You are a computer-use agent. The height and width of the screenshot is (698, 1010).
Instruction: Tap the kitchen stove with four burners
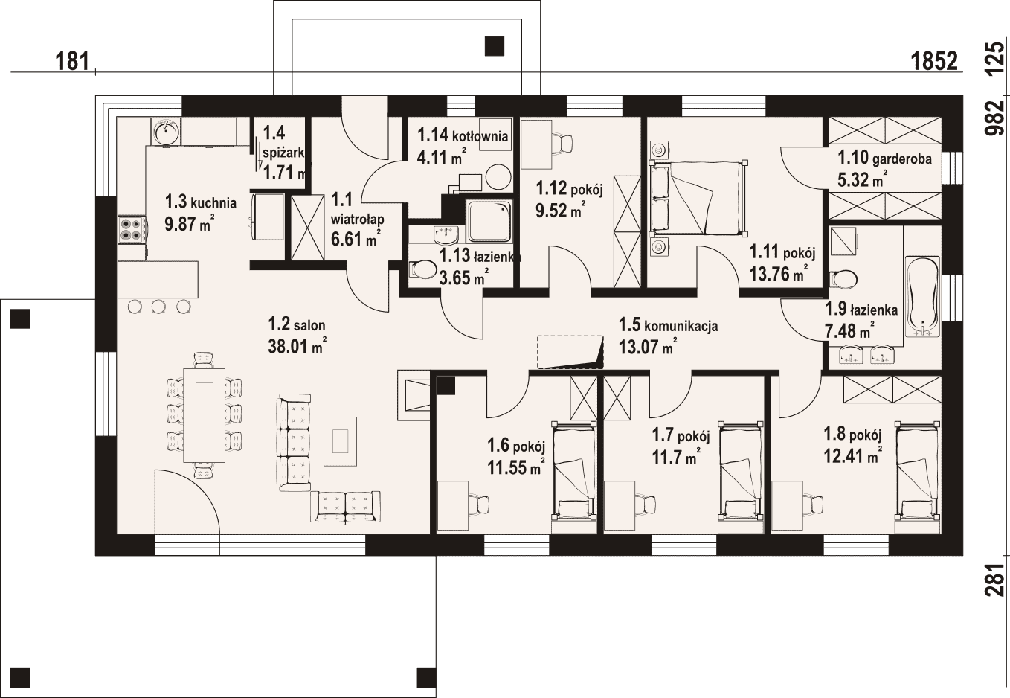132,230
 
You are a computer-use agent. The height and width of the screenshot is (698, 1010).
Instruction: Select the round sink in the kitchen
167,131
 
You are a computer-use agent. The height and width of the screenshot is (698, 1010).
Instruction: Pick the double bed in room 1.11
698,199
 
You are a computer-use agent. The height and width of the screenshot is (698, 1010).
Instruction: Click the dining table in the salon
205,415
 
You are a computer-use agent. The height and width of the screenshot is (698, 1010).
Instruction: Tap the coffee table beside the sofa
341,441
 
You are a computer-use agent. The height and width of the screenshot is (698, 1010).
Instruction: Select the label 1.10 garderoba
884,158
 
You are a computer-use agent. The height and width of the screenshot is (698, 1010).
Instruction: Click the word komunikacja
681,326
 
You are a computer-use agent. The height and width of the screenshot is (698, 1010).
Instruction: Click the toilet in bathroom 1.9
843,280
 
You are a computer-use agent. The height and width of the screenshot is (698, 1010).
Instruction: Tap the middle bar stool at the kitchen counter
158,307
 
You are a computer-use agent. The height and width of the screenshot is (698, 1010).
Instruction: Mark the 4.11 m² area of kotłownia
442,156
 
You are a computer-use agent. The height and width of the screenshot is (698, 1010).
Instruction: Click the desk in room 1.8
788,505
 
